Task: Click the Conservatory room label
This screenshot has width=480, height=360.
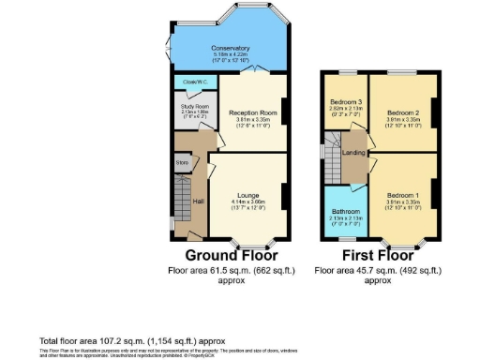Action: coord(230,48)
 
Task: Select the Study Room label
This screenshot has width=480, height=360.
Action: coord(195,107)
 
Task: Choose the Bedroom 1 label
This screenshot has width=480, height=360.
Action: coord(401,194)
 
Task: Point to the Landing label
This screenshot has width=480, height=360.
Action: coord(353,152)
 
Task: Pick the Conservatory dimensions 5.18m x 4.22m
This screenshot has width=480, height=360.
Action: coord(230,54)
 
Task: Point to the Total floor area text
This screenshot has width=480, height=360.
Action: coord(131,339)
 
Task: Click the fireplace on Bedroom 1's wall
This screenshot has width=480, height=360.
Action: coord(433,201)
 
